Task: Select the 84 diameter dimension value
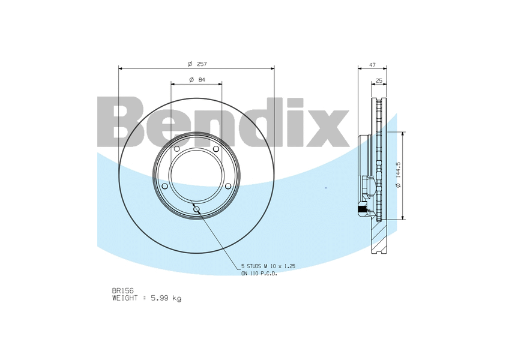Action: tap(201, 80)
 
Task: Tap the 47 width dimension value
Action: tap(372, 64)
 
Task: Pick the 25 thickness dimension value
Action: tap(379, 80)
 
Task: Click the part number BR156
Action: tap(122, 290)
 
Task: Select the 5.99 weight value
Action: tap(162, 298)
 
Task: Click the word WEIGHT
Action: tap(125, 298)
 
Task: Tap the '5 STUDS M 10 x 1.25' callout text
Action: tap(268, 265)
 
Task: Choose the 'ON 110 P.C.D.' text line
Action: tap(259, 273)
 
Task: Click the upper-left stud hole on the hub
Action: tap(176, 149)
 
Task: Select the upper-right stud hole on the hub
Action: tap(216, 149)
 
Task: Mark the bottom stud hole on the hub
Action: tap(196, 209)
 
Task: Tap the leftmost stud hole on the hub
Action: tap(164, 186)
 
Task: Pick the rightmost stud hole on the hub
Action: tap(228, 186)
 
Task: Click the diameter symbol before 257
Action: tap(189, 64)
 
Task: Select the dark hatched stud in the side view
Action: tap(361, 210)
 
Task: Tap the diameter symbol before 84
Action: tap(190, 80)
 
